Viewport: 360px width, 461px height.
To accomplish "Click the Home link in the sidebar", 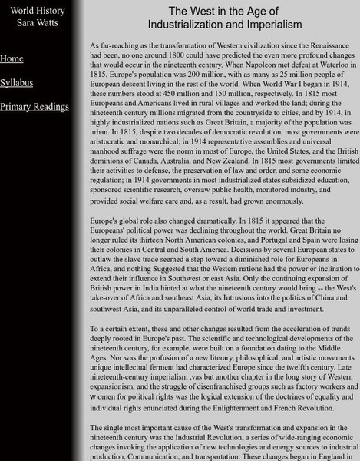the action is click(x=12, y=58).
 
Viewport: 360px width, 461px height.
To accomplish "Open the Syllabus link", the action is click(x=16, y=82).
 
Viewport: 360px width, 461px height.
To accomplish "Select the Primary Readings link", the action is click(x=34, y=106).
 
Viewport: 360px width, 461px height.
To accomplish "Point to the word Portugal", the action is click(x=259, y=241).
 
